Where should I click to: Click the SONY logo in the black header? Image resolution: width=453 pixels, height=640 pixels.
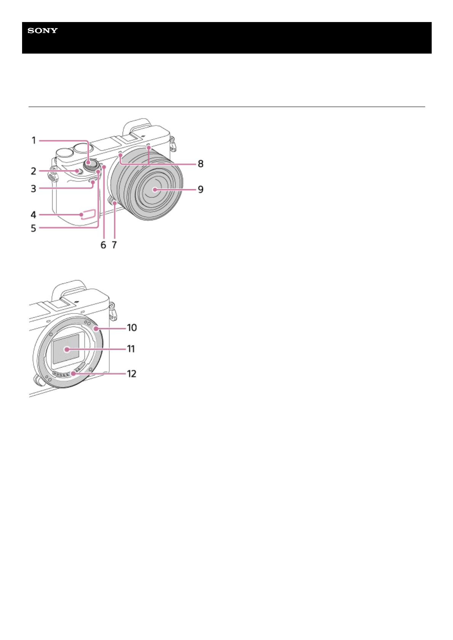(43, 30)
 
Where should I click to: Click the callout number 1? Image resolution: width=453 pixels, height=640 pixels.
(34, 140)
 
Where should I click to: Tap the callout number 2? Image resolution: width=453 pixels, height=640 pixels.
(33, 171)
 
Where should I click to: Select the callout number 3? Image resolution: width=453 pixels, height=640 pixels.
(33, 189)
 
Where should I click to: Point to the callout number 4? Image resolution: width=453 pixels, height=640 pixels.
(33, 215)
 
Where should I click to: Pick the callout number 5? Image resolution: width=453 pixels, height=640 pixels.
(33, 228)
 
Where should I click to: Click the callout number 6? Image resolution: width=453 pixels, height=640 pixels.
(103, 245)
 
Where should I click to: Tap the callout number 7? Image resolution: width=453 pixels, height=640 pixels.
(114, 245)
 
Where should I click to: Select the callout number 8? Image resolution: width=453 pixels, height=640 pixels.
(201, 164)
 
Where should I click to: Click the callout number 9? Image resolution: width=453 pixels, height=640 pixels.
(201, 189)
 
